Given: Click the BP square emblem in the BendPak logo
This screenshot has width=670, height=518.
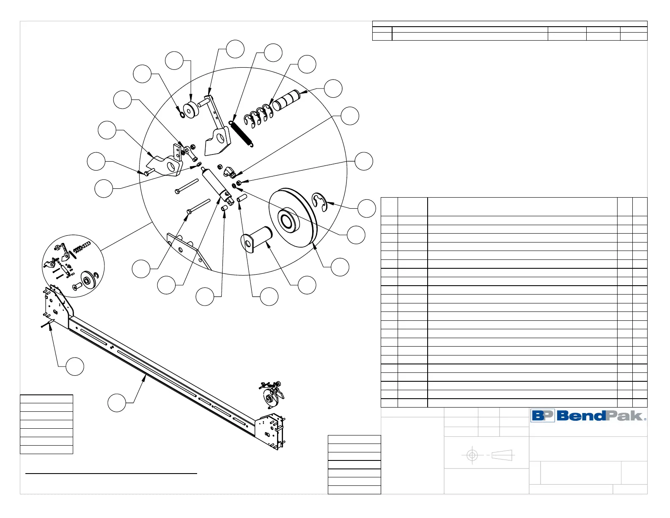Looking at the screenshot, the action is [x=543, y=416].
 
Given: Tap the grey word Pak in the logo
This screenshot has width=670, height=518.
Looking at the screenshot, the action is [x=624, y=416].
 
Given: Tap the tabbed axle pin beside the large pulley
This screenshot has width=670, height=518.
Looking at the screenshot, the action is [x=256, y=237].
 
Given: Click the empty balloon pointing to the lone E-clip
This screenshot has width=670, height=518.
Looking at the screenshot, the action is [x=367, y=208].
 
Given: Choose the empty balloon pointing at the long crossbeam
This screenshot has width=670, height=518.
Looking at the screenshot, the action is [x=117, y=402].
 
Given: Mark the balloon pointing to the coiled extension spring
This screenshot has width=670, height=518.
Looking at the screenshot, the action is [x=273, y=52].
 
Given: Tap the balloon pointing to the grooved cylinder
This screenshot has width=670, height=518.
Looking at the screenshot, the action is [x=333, y=88].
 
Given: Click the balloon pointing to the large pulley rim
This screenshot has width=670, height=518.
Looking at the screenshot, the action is [x=340, y=267].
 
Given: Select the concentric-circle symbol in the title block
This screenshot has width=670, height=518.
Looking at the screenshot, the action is [x=472, y=455].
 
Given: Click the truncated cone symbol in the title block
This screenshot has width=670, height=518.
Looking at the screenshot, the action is [x=502, y=455].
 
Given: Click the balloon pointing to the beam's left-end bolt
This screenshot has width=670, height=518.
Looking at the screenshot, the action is [x=75, y=366].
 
